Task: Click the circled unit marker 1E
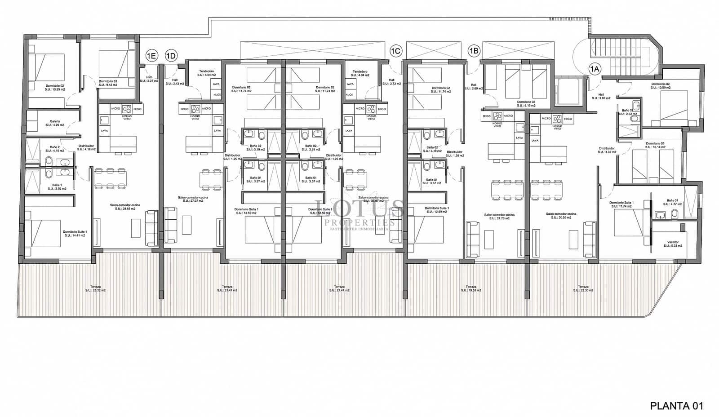click(x=151, y=56)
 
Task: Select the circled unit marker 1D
click(x=171, y=56)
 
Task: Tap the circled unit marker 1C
click(x=395, y=51)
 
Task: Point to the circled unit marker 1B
click(x=474, y=51)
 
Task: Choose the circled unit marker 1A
click(x=595, y=69)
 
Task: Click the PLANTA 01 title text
click(x=676, y=406)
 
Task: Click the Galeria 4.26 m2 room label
click(x=55, y=123)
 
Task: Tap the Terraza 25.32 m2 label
click(x=95, y=288)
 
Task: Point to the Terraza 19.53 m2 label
click(x=471, y=288)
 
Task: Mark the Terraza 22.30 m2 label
click(x=583, y=288)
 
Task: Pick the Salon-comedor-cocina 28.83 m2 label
click(x=125, y=207)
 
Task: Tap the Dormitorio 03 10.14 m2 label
click(x=655, y=145)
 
